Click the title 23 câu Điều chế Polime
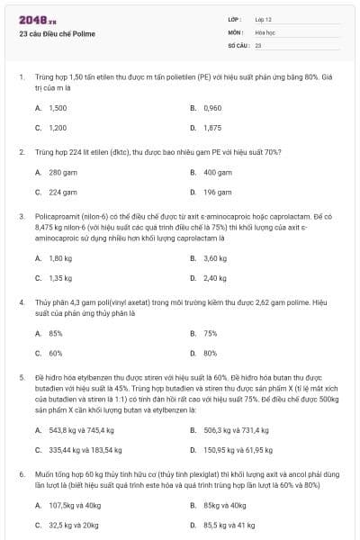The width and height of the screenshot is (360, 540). tap(57, 34)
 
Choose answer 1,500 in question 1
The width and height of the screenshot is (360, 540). tap(58, 107)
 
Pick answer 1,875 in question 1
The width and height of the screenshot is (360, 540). tap(212, 128)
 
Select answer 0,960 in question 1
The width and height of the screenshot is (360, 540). tap(212, 107)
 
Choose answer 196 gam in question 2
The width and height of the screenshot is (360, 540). tap(217, 192)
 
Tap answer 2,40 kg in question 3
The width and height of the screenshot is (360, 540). tap(214, 278)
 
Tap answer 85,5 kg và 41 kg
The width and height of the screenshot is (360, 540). tap(229, 525)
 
